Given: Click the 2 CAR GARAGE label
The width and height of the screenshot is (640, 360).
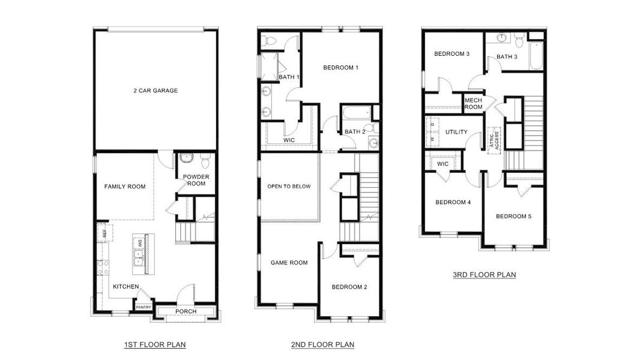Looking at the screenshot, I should (155, 91).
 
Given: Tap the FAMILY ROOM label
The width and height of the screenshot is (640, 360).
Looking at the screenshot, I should (125, 187).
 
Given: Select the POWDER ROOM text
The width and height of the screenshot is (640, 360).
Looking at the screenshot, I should (195, 180).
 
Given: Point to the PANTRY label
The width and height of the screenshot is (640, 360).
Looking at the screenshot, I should (143, 307).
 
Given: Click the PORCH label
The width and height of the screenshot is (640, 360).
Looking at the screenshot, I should (186, 311).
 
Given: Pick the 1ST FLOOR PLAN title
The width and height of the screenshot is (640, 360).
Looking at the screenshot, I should (155, 344).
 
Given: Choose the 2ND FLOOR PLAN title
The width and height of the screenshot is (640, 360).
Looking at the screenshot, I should (323, 344).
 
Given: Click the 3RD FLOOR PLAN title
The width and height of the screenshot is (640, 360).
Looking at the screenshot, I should (485, 275).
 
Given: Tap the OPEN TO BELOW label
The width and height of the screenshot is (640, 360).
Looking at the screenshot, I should (289, 187).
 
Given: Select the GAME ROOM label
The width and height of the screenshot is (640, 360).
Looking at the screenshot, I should (289, 262).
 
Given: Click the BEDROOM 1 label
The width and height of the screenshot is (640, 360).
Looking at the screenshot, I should (340, 67).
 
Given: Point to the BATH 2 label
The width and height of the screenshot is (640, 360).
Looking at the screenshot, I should (355, 132).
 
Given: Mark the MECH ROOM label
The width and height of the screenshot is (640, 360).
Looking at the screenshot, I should (473, 104).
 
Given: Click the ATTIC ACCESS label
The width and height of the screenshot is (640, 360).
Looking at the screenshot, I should (494, 140).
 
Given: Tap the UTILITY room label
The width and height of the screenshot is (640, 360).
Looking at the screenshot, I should (456, 132).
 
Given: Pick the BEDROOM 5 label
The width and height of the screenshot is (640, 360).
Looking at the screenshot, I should (513, 216).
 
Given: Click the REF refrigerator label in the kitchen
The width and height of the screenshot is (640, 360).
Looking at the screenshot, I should (104, 232).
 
